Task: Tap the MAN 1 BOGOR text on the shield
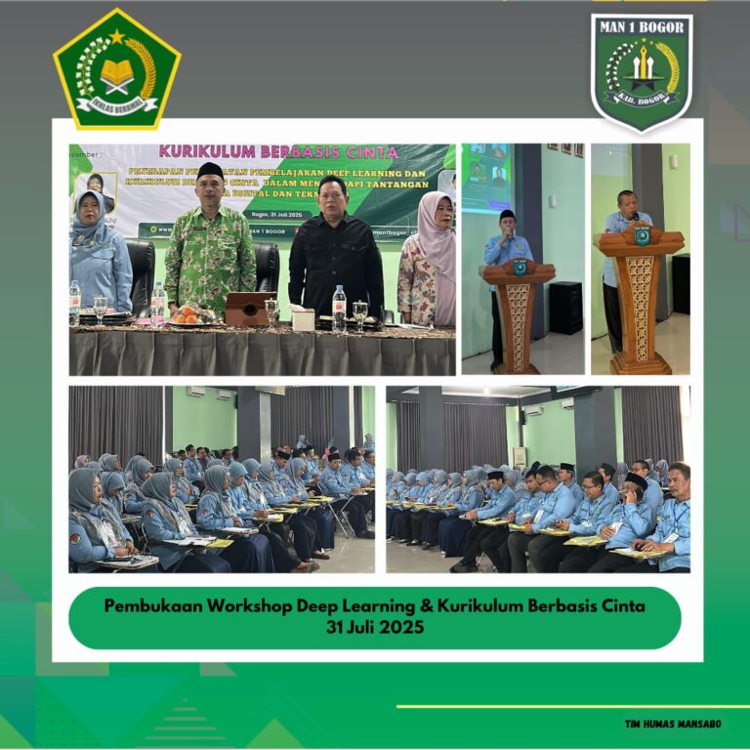(x=642, y=26)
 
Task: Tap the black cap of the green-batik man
(x=210, y=170)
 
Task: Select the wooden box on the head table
(x=246, y=310)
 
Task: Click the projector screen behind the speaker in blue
(x=486, y=176)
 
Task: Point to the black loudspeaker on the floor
(x=565, y=308)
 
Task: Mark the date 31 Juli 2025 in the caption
(x=375, y=628)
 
